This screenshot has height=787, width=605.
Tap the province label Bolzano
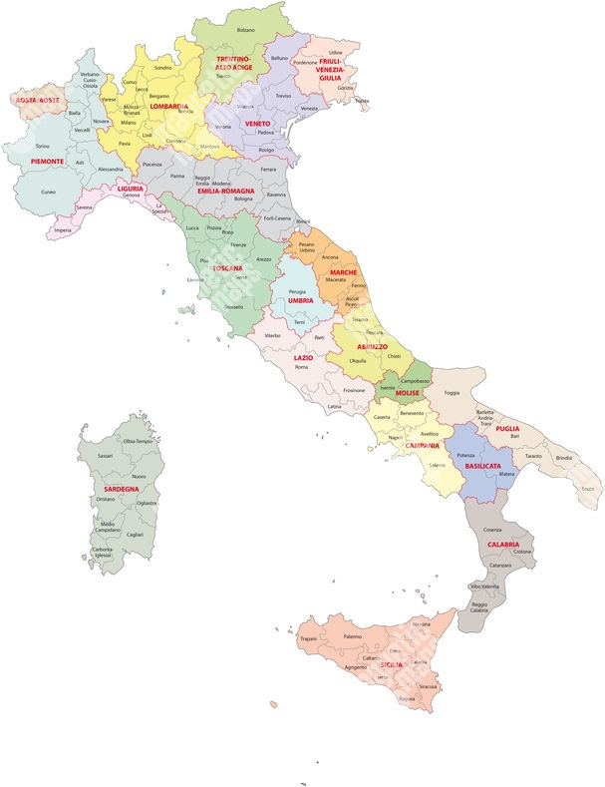[x=246, y=30]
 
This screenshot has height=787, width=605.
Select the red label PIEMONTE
[x=47, y=161]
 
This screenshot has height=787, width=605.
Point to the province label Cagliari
[x=136, y=535]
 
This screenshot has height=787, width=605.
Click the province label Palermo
[x=352, y=635]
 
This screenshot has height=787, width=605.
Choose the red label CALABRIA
[x=502, y=545]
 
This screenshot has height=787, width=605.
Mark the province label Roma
[x=301, y=368]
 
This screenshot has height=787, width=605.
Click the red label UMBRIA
[x=300, y=299]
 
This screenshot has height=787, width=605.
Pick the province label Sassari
[x=106, y=455]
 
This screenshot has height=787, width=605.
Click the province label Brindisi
[x=564, y=457]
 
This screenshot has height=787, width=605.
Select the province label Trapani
[x=308, y=638]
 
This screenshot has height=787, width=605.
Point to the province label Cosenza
[x=492, y=529]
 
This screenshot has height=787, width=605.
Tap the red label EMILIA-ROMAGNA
[x=232, y=191]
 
